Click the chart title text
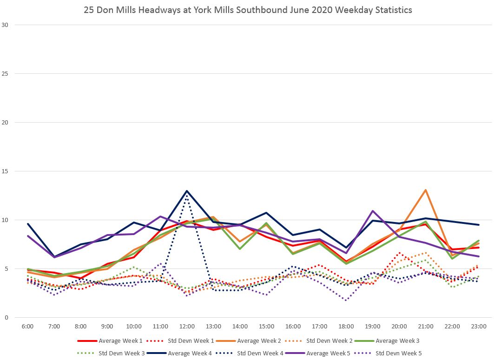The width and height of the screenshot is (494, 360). [x=247, y=10]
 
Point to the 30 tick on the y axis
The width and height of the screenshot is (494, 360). [x=6, y=25]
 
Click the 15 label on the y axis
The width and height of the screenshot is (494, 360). [x=6, y=171]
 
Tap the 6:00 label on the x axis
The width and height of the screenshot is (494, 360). [x=27, y=327]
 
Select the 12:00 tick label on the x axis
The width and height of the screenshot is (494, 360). [x=187, y=327]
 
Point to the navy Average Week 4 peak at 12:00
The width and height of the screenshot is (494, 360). [x=187, y=191]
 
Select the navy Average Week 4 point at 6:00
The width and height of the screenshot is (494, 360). [x=28, y=224]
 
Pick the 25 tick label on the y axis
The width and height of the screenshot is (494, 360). [x=6, y=74]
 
